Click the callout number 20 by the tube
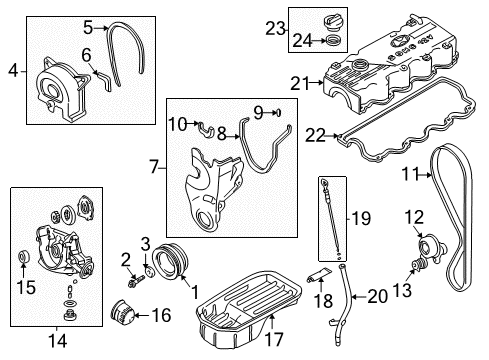(378, 297)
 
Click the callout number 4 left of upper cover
(14, 70)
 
